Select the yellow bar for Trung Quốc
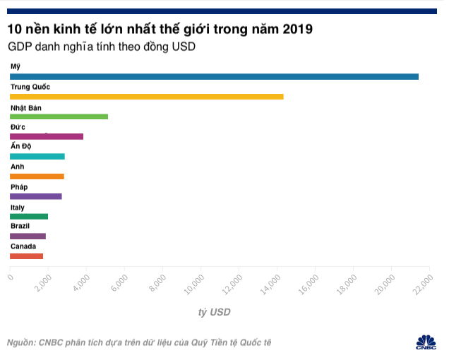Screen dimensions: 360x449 pos(146,96)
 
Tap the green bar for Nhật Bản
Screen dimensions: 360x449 pos(59,116)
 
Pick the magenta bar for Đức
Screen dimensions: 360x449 pos(47,136)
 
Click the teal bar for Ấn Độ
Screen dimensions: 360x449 pos(37,156)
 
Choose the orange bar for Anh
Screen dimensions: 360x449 pos(37,176)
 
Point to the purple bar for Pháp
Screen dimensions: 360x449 pos(36,196)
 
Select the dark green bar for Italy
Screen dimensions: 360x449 pos(29,216)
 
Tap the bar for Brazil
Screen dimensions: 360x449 pos(28,236)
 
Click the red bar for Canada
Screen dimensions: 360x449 pos(26,256)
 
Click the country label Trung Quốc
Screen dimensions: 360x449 pos(30,87)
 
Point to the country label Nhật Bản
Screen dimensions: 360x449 pos(26,107)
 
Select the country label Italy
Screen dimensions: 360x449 pos(18,207)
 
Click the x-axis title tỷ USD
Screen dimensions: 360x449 pos(215,312)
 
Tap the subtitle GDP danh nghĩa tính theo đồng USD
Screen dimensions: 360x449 pos(101,47)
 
